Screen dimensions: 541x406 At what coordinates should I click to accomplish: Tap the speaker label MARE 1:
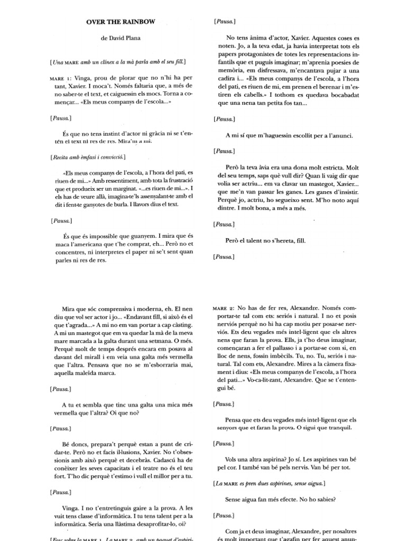(61, 77)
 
